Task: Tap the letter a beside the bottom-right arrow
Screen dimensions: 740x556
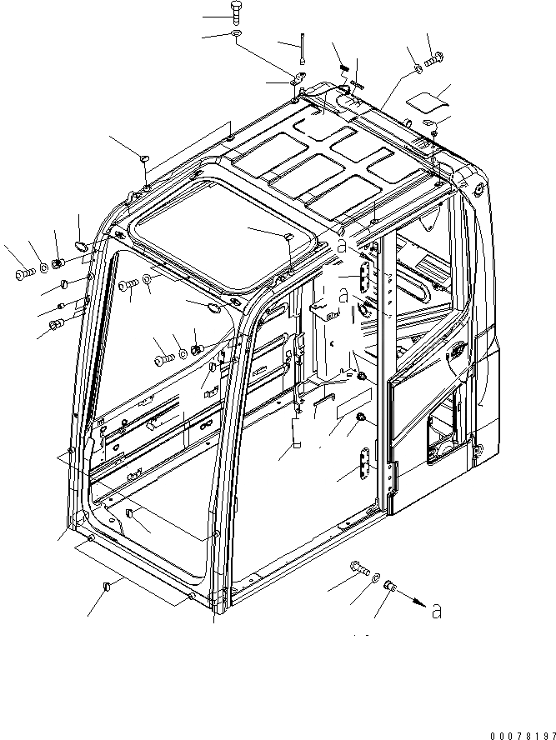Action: (x=437, y=612)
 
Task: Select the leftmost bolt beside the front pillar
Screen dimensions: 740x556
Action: (x=21, y=272)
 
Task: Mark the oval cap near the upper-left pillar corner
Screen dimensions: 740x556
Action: (x=81, y=245)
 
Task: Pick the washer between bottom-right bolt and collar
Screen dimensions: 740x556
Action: (x=375, y=577)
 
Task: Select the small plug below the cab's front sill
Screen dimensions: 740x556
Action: (x=105, y=590)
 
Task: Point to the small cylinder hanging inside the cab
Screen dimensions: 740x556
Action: (x=295, y=433)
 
